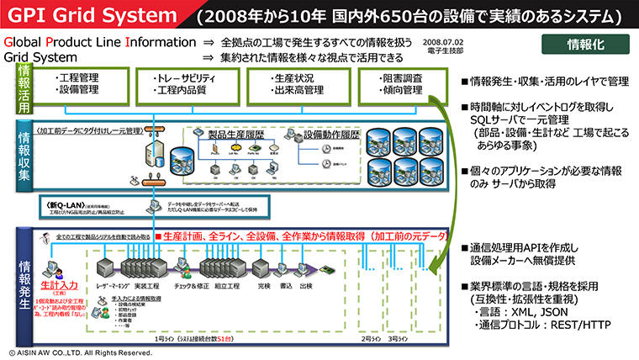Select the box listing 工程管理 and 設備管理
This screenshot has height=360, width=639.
pyautogui.click(x=79, y=84)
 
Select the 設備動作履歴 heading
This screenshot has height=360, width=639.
pyautogui.click(x=331, y=134)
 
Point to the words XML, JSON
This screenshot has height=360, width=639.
pyautogui.click(x=547, y=310)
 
